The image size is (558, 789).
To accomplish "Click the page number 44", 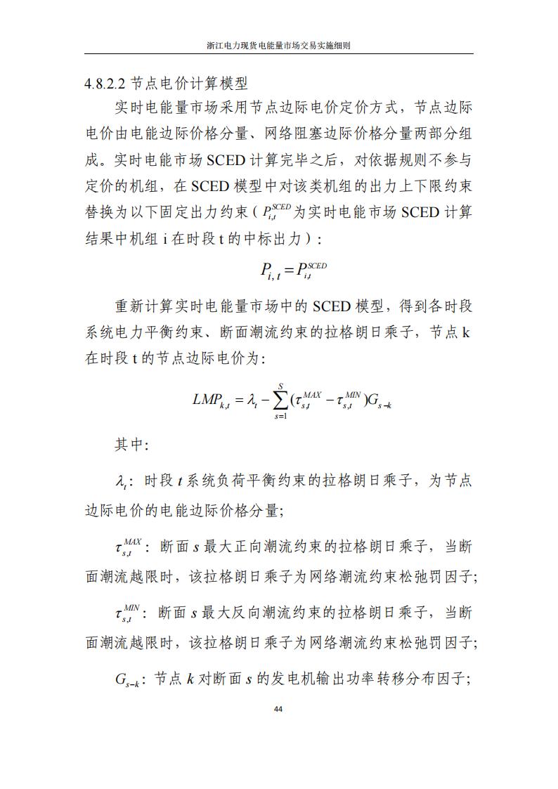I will (279, 709).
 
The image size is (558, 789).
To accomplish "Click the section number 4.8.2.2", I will (105, 84).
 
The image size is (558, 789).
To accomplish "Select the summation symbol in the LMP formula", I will (281, 400).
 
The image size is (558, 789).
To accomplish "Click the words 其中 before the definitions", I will (131, 445).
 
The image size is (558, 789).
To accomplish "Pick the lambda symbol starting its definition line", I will (121, 482).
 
